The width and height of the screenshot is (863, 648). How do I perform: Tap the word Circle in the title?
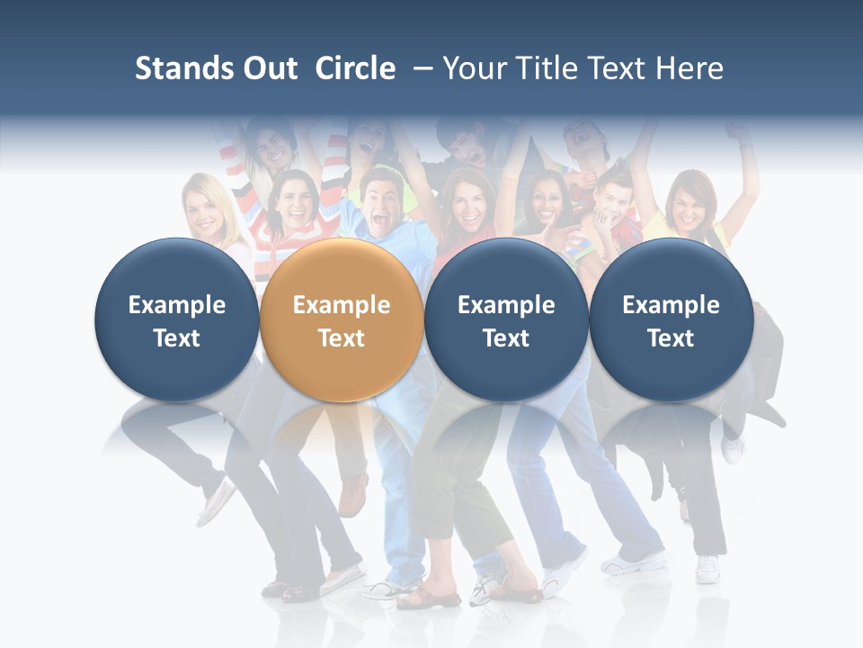tap(355, 69)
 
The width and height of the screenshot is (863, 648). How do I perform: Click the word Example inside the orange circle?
tap(342, 305)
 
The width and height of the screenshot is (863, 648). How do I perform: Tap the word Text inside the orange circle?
tap(342, 338)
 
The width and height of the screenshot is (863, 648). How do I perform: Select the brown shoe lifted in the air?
tap(353, 494)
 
